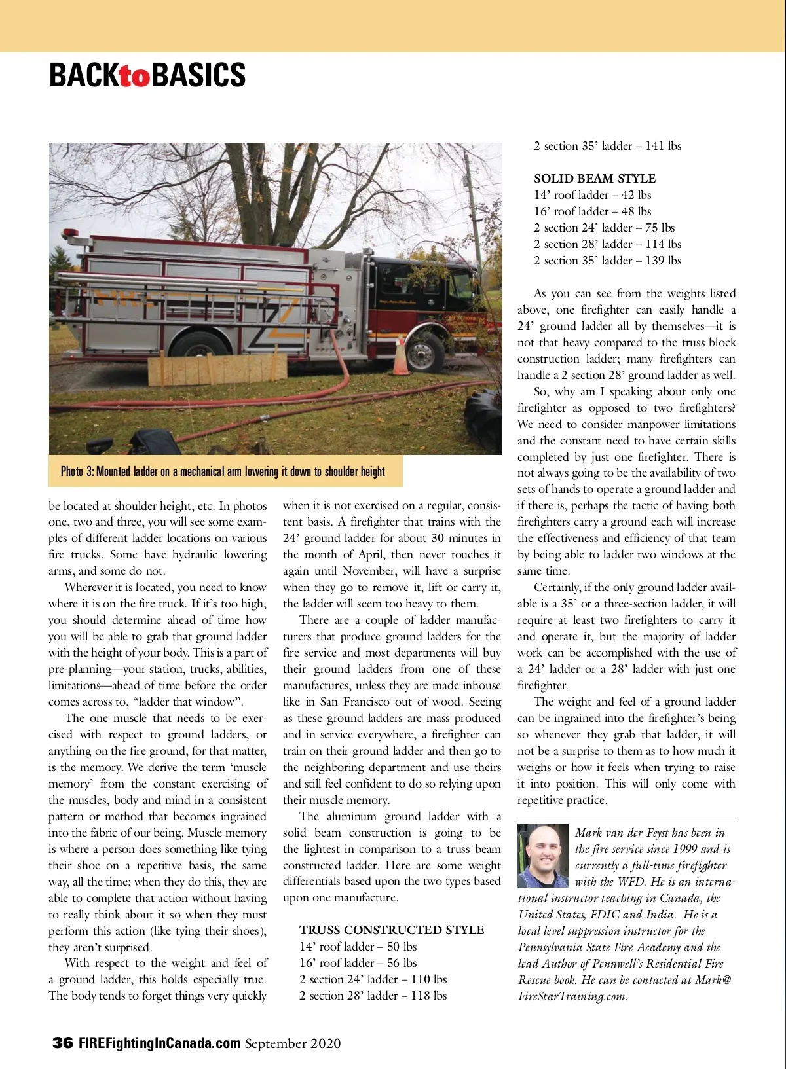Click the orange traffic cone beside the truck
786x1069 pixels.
(x=400, y=357)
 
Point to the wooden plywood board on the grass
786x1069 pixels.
(x=217, y=370)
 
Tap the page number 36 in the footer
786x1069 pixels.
(x=62, y=1043)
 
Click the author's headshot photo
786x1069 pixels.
(x=543, y=856)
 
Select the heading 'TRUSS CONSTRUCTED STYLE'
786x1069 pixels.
(x=392, y=930)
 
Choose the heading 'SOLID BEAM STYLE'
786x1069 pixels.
(x=594, y=179)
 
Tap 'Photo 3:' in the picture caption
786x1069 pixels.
(x=78, y=471)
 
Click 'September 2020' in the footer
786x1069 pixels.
(x=293, y=1043)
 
